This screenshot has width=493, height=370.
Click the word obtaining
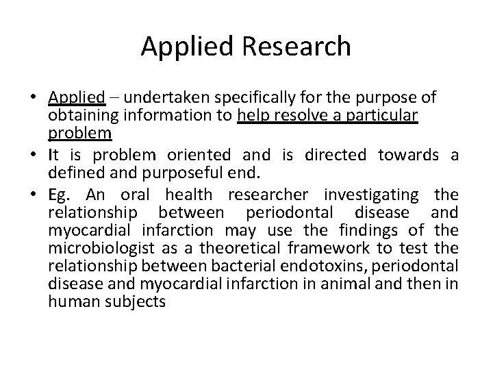coord(77,114)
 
